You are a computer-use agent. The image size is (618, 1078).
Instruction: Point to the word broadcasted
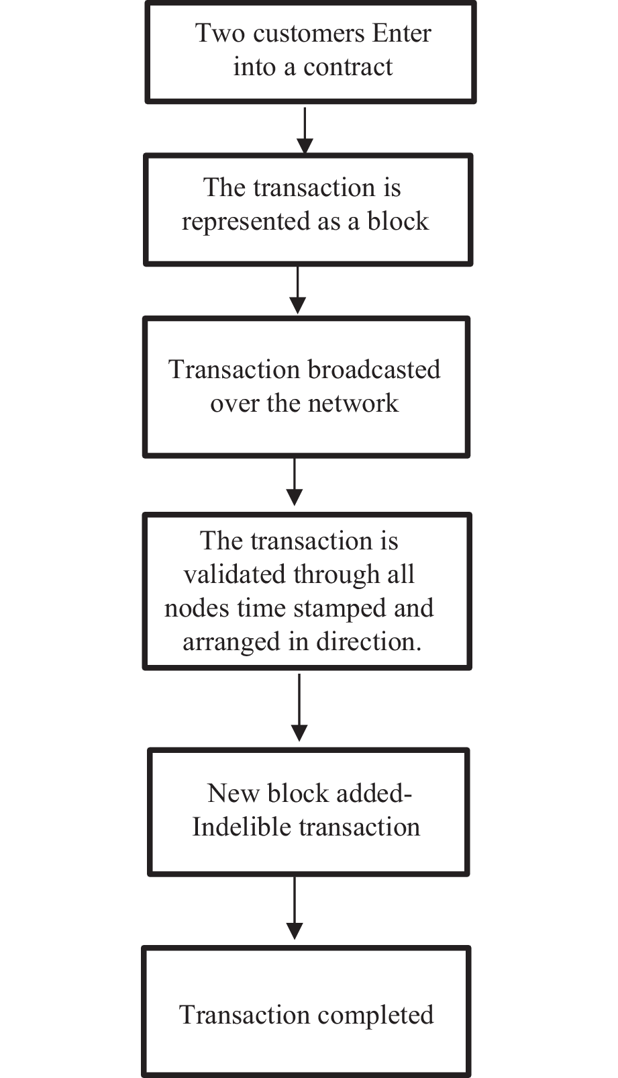pyautogui.click(x=374, y=369)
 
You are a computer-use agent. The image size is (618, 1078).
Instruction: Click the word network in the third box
pyautogui.click(x=353, y=404)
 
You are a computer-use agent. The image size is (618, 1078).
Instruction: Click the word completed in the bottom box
pyautogui.click(x=375, y=1015)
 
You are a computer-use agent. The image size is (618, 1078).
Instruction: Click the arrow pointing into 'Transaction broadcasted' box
pyautogui.click(x=297, y=291)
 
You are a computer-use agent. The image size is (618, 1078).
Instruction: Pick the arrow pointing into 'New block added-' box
pyautogui.click(x=299, y=709)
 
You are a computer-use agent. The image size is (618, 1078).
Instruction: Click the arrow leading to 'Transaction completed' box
pyautogui.click(x=294, y=909)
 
